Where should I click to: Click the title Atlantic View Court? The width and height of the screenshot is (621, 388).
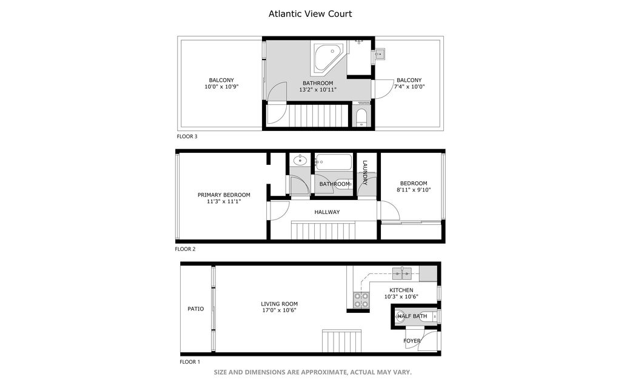[310, 14]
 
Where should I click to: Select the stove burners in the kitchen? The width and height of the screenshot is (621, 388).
[361, 299]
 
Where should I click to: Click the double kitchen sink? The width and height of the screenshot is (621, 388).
[401, 273]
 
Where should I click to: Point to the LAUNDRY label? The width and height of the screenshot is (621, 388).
[364, 172]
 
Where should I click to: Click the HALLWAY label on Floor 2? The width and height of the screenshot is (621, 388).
[327, 212]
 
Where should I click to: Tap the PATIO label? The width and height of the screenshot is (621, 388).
[196, 309]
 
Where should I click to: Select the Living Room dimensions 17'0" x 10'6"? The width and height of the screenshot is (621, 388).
[279, 310]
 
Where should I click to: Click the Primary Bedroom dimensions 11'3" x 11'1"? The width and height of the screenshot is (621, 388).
[224, 201]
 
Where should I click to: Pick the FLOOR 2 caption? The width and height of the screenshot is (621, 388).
[185, 249]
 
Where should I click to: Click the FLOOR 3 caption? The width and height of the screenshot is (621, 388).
[187, 136]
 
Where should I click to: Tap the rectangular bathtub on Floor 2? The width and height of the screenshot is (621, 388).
[334, 162]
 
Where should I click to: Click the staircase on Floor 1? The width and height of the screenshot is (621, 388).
[341, 341]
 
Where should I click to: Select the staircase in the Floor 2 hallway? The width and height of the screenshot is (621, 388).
[323, 230]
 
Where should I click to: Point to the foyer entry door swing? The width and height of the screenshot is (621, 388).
[429, 341]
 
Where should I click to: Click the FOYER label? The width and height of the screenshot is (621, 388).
[412, 341]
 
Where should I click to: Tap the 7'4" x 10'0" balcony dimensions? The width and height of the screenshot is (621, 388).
[409, 87]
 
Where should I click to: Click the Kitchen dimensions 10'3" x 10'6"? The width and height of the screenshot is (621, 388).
[401, 297]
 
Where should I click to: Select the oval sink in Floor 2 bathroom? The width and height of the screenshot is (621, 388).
[300, 160]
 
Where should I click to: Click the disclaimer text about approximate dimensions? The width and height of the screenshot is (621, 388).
[312, 372]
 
